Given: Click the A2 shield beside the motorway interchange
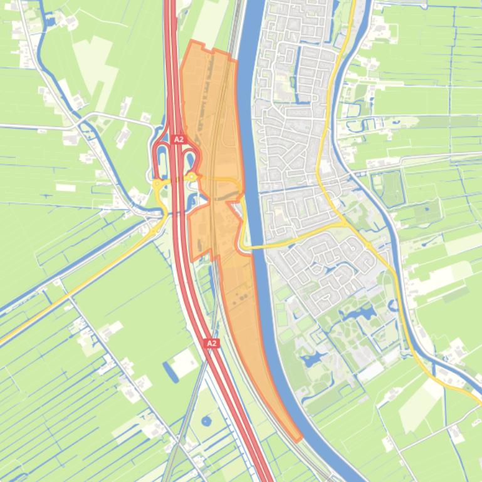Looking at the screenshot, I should [x=179, y=140].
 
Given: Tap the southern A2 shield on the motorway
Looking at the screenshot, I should [x=211, y=344].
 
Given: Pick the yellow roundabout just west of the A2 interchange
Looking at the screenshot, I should [x=157, y=183].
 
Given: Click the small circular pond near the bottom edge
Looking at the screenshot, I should [x=206, y=421].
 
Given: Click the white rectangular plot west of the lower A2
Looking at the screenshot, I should [x=186, y=362].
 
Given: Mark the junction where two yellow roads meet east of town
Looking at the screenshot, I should [x=345, y=224].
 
